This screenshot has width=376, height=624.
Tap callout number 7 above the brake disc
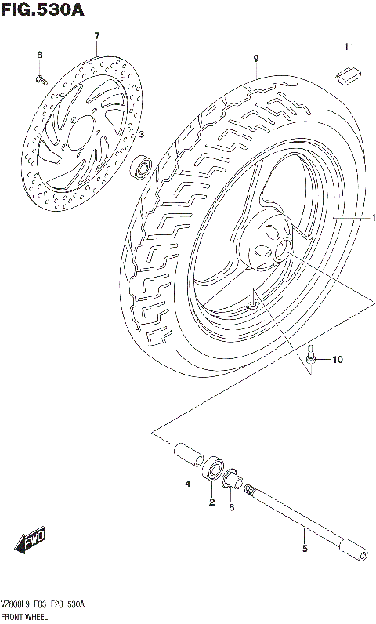[x=97, y=36]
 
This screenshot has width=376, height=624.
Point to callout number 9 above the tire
[x=255, y=59]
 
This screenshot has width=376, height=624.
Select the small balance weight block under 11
[x=347, y=74]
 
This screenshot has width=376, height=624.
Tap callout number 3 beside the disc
[x=141, y=135]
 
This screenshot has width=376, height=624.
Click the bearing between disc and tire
[x=143, y=165]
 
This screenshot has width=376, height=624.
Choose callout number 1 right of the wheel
[x=374, y=217]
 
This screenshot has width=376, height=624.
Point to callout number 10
[x=337, y=361]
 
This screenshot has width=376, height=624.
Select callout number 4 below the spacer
[x=188, y=484]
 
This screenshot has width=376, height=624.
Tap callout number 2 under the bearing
[x=211, y=502]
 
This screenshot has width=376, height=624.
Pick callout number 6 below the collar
[x=231, y=507]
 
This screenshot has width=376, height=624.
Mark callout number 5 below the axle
[x=305, y=549]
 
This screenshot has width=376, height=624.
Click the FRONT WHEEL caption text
[x=25, y=617]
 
